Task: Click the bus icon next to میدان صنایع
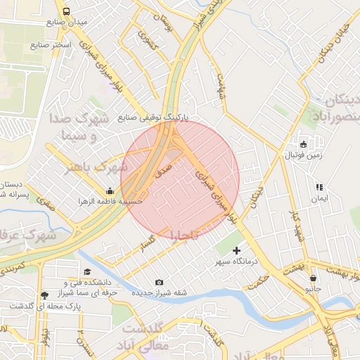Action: click(66, 12)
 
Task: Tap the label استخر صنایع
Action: click(50, 45)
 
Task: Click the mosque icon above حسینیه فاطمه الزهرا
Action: click(110, 191)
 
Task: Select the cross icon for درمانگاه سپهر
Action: click(236, 250)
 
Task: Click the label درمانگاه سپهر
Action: click(237, 261)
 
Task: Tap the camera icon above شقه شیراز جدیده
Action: click(158, 282)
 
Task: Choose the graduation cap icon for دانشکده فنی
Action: click(87, 271)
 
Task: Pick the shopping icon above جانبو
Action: click(312, 278)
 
